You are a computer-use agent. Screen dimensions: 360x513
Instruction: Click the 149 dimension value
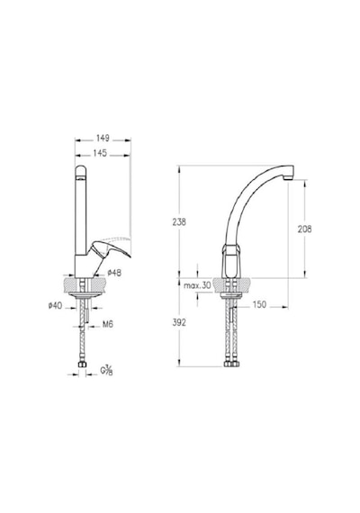point(103,139)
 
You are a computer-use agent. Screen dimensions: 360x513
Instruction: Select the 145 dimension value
point(100,153)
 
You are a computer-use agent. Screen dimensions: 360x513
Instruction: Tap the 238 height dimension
point(179,221)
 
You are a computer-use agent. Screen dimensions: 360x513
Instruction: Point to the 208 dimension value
point(304,229)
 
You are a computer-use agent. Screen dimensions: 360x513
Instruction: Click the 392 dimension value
point(179,322)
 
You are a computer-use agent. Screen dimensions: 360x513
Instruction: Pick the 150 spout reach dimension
point(259,305)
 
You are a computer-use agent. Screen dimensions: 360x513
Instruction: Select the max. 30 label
point(197,285)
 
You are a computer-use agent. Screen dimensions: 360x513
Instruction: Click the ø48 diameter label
point(114,273)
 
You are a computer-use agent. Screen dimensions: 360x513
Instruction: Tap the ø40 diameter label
point(55,306)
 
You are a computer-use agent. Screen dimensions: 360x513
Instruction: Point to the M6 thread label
point(108,324)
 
